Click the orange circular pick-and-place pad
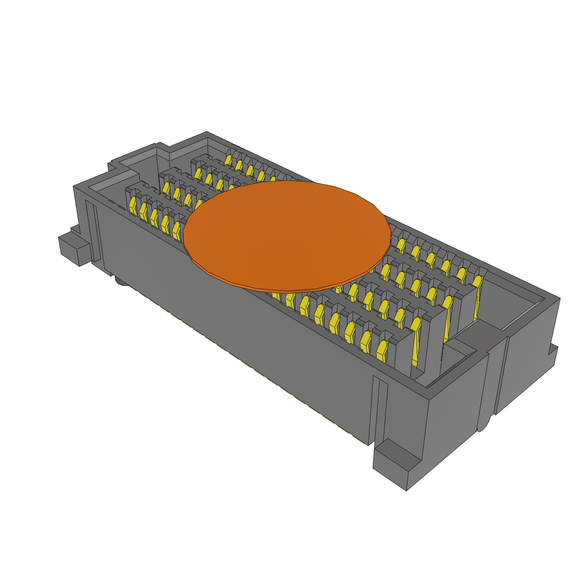(287, 235)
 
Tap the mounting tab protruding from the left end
(72, 247)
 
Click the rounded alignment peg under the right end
(483, 423)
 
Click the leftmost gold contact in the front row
(133, 205)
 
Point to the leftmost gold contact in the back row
(228, 160)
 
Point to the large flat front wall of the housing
(235, 325)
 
